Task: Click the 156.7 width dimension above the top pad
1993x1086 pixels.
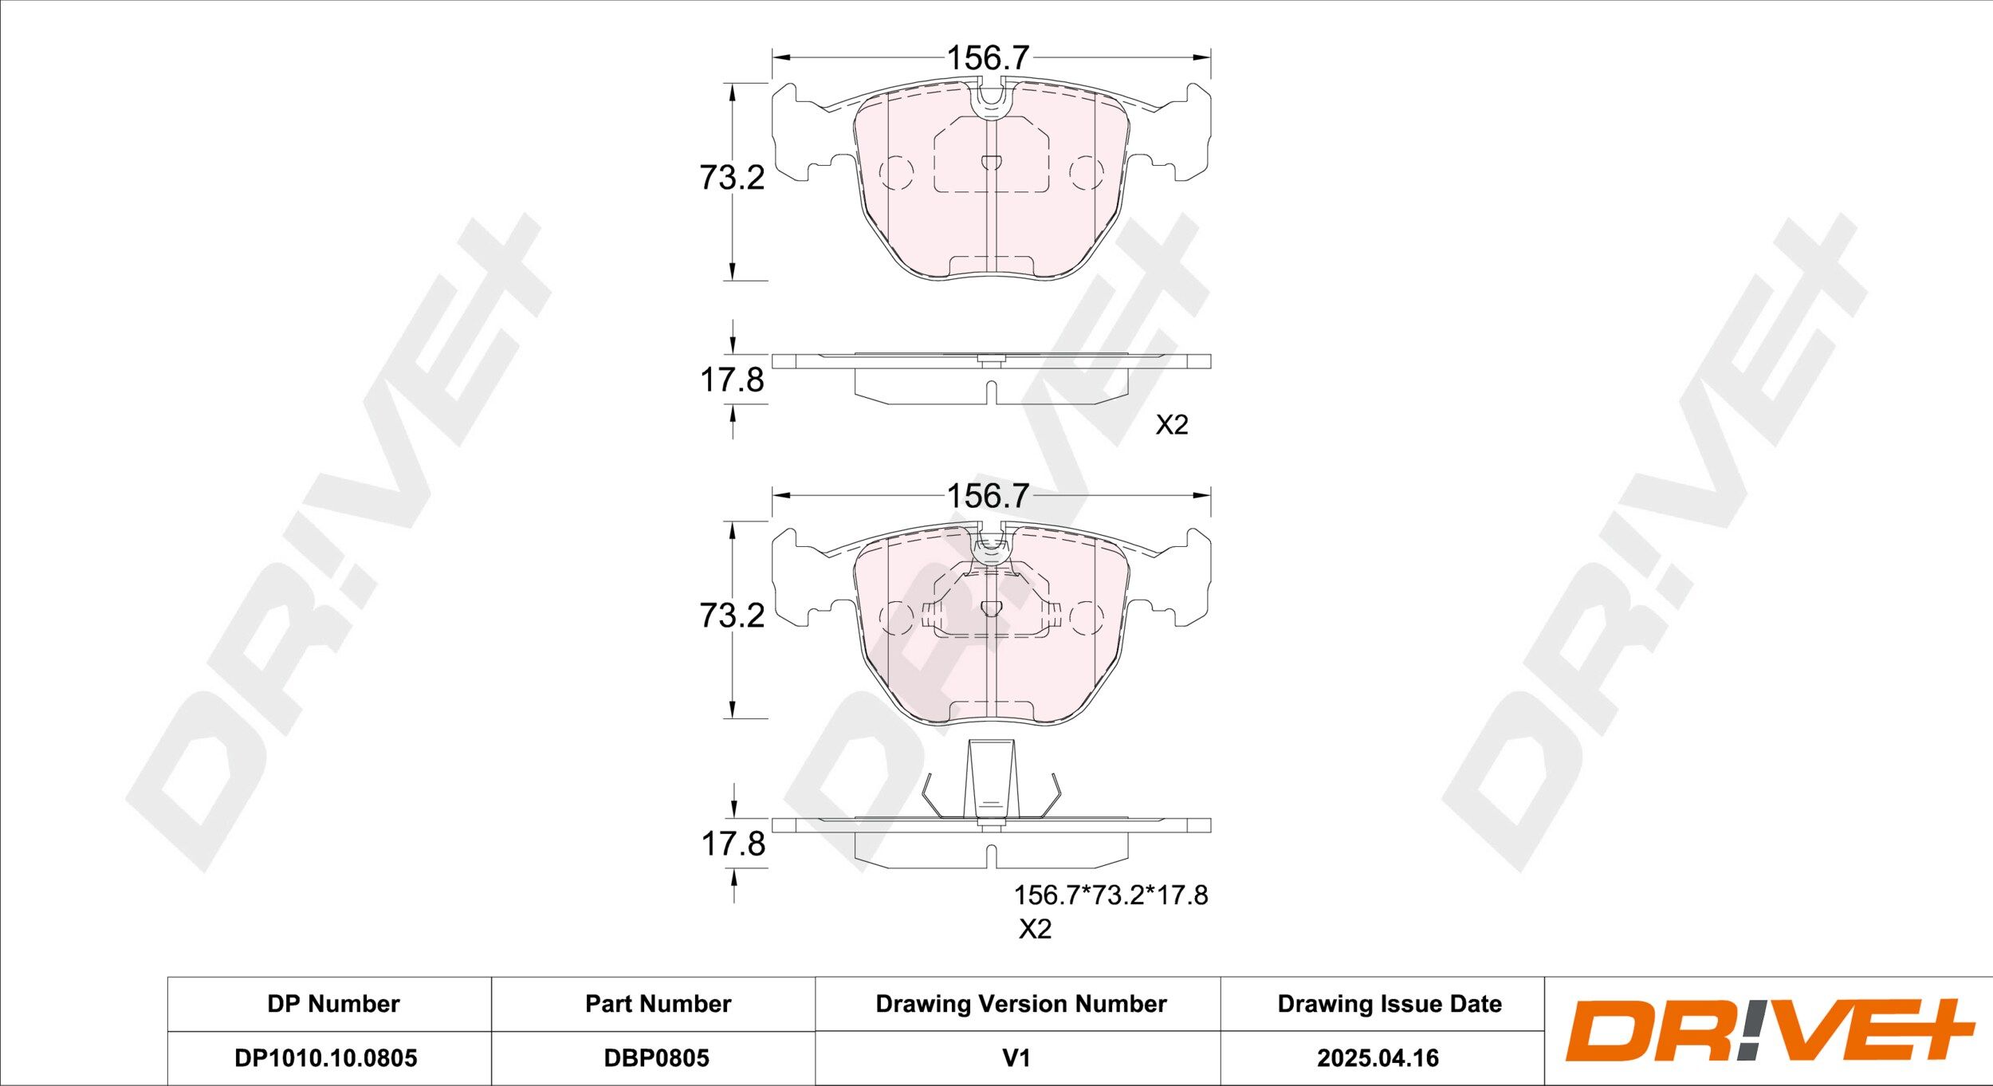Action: (x=988, y=57)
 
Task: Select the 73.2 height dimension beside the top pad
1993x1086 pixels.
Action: (x=732, y=177)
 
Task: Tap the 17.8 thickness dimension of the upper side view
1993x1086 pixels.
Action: (x=732, y=380)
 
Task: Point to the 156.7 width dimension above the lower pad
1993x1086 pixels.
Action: (x=988, y=496)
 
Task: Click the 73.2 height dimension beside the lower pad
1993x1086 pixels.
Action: (x=732, y=615)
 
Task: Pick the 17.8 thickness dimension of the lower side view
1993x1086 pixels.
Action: (x=733, y=844)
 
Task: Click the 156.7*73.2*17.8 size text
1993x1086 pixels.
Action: (x=1110, y=895)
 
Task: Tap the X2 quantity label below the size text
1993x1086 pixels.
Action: (x=1035, y=929)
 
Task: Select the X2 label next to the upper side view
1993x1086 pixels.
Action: (x=1172, y=425)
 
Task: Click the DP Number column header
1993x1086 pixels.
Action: (x=333, y=1003)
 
